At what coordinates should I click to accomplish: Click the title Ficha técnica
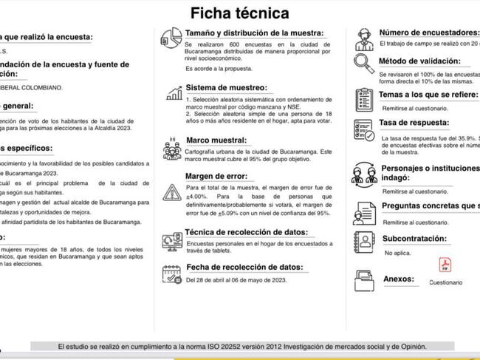(x=240, y=13)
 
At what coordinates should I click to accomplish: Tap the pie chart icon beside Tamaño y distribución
(x=171, y=38)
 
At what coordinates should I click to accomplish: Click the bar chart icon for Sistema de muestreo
(x=174, y=92)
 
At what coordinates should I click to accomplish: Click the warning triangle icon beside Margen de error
(x=172, y=193)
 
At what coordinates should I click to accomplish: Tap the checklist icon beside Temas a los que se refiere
(x=363, y=98)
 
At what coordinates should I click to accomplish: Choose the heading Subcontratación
(x=416, y=239)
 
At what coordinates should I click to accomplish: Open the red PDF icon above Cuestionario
(x=445, y=265)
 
